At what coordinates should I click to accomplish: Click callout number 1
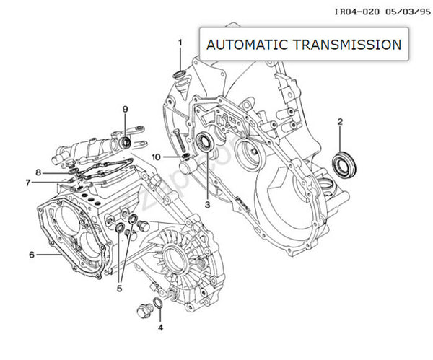(x=180, y=43)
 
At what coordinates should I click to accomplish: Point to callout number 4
(x=161, y=327)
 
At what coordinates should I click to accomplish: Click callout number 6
(x=32, y=254)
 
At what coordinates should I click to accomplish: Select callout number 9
(x=125, y=109)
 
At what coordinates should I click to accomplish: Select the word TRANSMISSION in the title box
(x=349, y=45)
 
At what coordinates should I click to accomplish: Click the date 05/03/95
(x=403, y=11)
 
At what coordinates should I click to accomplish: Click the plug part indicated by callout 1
(x=180, y=76)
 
